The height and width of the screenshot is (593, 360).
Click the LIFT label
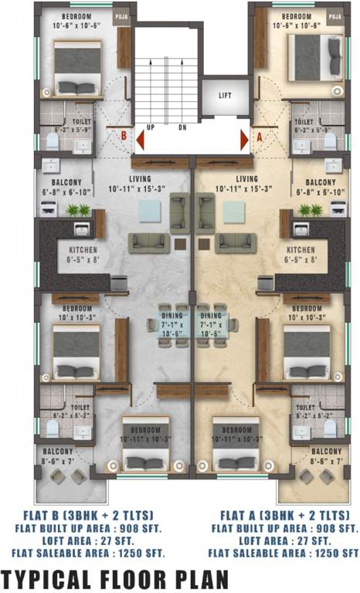pyautogui.click(x=225, y=96)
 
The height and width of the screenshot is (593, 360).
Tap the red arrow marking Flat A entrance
pyautogui.click(x=244, y=140)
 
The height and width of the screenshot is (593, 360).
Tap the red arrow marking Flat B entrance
pyautogui.click(x=140, y=140)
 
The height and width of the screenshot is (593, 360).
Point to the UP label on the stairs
pyautogui.click(x=150, y=127)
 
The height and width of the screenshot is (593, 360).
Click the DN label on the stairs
pyautogui.click(x=182, y=127)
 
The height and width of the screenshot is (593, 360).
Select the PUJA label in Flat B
pyautogui.click(x=121, y=14)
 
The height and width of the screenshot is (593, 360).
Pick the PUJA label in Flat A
pyautogui.click(x=335, y=14)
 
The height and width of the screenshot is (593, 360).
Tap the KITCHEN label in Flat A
pyautogui.click(x=301, y=251)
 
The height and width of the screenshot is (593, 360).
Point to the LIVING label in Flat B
pyautogui.click(x=140, y=178)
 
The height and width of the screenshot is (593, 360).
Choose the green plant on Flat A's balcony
pyautogui.click(x=311, y=210)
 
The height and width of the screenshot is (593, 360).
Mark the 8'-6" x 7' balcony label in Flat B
pyautogui.click(x=58, y=460)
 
